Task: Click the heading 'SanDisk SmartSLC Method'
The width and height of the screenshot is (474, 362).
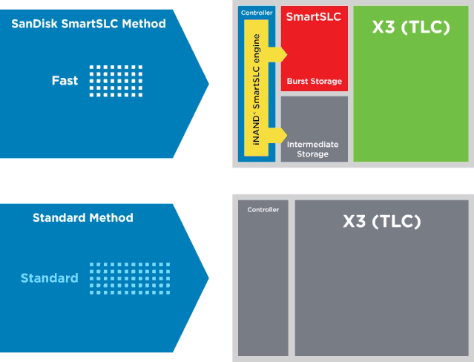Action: click(x=88, y=24)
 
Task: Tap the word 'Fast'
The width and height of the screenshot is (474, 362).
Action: click(x=65, y=80)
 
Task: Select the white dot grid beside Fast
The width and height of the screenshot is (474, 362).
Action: click(x=116, y=81)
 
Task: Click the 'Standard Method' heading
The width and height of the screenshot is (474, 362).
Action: click(x=83, y=218)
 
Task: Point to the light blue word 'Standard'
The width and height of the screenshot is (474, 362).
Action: click(x=50, y=278)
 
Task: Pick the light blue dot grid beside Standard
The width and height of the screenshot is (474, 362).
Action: click(x=130, y=278)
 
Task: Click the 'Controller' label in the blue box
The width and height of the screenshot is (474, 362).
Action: click(x=257, y=13)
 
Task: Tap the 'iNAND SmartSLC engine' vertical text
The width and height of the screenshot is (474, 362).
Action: click(x=256, y=90)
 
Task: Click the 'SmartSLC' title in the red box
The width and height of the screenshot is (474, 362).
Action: click(x=314, y=16)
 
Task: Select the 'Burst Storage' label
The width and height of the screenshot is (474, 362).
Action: click(x=315, y=81)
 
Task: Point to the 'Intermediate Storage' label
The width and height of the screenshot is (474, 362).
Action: click(x=312, y=149)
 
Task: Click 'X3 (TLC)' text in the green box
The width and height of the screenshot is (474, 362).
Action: click(x=411, y=27)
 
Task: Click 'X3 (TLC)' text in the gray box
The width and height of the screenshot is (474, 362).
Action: click(x=382, y=221)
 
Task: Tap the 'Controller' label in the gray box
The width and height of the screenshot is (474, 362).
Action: click(x=263, y=210)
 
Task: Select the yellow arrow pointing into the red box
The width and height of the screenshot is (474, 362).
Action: click(x=277, y=55)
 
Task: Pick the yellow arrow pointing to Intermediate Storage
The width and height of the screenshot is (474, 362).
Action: click(x=277, y=135)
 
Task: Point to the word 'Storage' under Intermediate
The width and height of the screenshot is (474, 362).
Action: click(x=312, y=154)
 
